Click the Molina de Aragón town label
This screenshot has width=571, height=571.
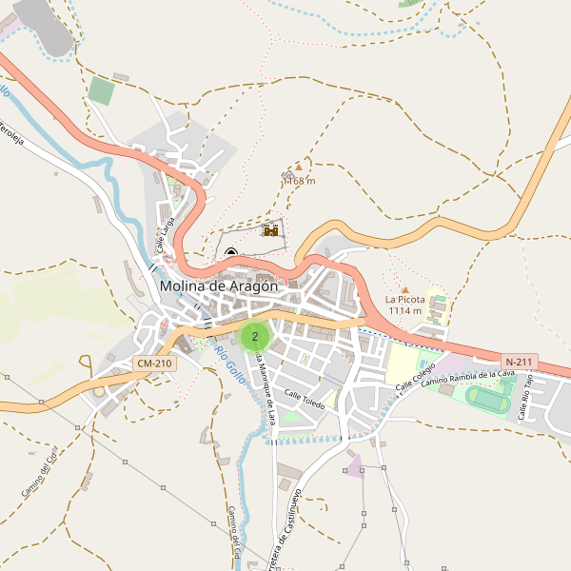(219, 285)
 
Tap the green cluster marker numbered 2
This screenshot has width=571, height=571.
(255, 336)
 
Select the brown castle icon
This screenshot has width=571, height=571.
(271, 230)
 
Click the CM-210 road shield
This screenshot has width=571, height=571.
(154, 364)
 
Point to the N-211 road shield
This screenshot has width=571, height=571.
(521, 362)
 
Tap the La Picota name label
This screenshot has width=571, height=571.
(405, 300)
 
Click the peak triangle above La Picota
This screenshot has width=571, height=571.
(404, 289)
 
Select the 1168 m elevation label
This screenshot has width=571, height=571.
(299, 181)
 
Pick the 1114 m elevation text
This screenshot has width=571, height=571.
(404, 311)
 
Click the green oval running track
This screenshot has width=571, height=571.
(488, 400)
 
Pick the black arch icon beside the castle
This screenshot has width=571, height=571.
(231, 253)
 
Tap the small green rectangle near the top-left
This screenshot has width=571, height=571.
(101, 91)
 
